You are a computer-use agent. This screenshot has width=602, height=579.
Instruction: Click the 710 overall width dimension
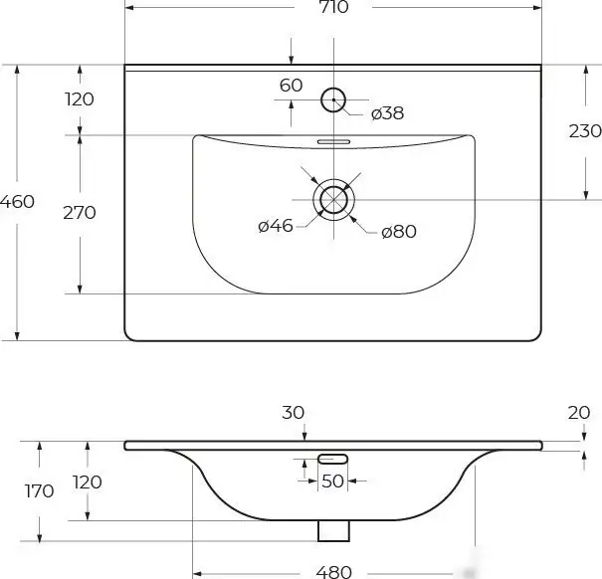click(x=334, y=8)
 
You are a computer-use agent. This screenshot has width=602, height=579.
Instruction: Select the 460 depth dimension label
click(x=18, y=201)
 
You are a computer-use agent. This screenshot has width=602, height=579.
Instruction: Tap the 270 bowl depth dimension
click(x=79, y=212)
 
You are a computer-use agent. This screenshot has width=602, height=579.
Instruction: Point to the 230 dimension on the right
click(x=585, y=130)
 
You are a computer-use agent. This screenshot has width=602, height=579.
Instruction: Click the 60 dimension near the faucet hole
click(x=291, y=86)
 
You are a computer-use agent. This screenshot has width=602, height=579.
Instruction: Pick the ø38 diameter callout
click(x=387, y=113)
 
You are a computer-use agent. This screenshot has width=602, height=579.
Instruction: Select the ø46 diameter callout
click(x=276, y=226)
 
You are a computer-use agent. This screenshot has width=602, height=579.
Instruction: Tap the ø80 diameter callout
click(x=398, y=232)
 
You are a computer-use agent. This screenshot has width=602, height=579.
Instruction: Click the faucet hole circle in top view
click(x=333, y=98)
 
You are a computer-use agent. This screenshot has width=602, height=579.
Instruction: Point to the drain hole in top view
click(x=333, y=199)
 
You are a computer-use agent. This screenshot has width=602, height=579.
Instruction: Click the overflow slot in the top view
click(x=333, y=142)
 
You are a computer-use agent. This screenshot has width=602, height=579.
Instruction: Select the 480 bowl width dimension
click(x=334, y=571)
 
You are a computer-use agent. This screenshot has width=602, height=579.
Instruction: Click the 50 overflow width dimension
click(x=332, y=482)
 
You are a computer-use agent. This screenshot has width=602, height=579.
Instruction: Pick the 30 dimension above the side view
click(x=294, y=412)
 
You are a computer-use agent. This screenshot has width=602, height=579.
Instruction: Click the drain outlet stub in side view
click(x=332, y=530)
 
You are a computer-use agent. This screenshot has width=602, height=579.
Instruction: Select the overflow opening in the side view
click(x=332, y=458)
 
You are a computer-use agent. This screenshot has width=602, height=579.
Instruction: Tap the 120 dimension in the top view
click(x=79, y=98)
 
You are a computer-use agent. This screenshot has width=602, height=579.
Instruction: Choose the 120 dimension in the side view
click(x=89, y=482)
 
